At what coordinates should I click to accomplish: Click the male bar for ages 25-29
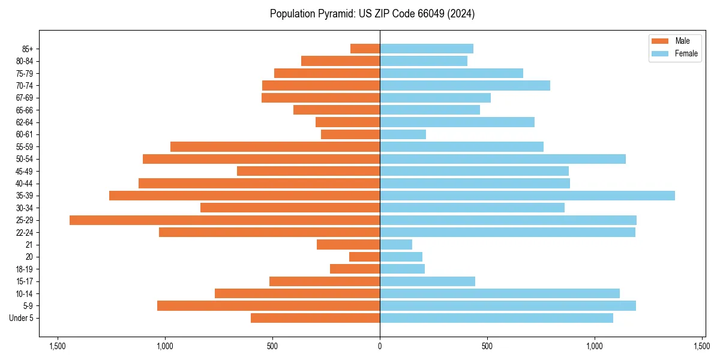(x=225, y=220)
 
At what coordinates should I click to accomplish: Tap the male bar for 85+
(x=365, y=49)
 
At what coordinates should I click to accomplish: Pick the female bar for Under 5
(x=496, y=318)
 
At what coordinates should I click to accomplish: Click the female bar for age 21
(x=396, y=245)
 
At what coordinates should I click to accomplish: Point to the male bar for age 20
(x=365, y=257)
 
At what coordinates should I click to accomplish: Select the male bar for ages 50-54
(x=262, y=159)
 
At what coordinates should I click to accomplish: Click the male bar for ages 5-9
(x=269, y=306)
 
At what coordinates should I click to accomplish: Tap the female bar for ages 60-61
(x=403, y=134)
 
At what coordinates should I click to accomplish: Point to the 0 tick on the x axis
(x=380, y=346)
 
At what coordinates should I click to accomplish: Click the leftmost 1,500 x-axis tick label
(x=58, y=346)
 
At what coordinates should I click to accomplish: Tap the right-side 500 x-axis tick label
(x=487, y=346)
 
